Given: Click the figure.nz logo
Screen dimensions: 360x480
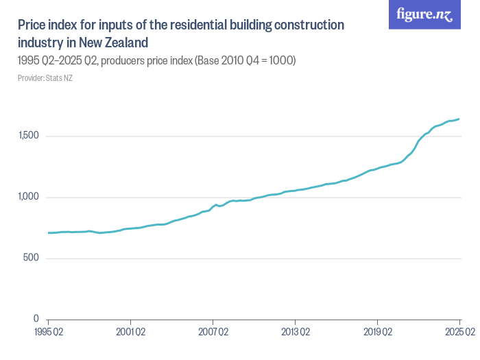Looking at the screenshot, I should [424, 14].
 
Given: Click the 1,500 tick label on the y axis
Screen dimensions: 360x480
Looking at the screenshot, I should [29, 136].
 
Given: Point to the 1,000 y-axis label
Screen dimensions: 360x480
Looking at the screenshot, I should [29, 197].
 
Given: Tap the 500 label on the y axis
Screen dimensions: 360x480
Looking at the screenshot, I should [32, 259].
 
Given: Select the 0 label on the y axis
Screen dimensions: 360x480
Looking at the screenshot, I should [36, 320].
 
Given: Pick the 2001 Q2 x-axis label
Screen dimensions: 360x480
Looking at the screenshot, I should [130, 333].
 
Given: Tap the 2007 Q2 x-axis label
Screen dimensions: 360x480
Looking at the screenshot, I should [213, 333].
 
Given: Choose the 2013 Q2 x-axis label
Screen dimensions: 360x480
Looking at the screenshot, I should [295, 333].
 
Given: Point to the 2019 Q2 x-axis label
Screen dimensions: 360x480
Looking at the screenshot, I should [377, 333].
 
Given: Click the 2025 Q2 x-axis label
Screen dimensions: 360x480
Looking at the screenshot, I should [459, 333].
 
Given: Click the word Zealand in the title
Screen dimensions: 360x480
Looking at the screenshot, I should [125, 42].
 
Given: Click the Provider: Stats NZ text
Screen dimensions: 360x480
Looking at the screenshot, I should [45, 78].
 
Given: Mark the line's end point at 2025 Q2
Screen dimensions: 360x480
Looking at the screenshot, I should [459, 119].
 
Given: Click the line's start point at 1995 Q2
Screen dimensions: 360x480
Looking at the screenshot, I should [48, 233].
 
